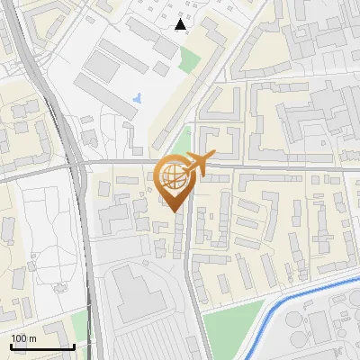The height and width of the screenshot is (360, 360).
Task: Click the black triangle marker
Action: click(x=181, y=25)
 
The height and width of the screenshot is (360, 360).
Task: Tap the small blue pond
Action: click(x=136, y=97)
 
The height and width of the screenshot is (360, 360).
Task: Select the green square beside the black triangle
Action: click(x=189, y=59)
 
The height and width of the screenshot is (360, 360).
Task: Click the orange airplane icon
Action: click(x=201, y=163)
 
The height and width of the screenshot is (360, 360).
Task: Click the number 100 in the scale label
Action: click(x=19, y=338)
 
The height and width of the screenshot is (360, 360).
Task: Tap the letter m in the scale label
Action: click(x=31, y=338)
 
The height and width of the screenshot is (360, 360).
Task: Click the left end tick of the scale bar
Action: click(x=12, y=345)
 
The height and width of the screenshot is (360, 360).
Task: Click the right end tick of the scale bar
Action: click(x=74, y=345)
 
